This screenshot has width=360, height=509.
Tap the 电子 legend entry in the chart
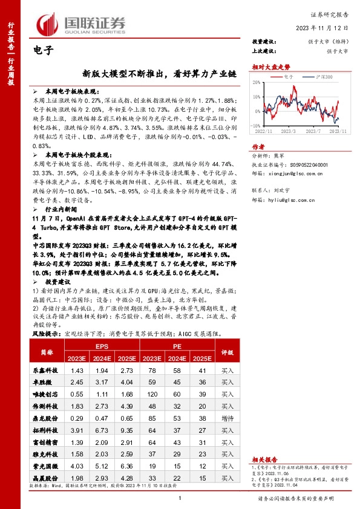click(287, 77)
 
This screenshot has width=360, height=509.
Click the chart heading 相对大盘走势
click(267, 66)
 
